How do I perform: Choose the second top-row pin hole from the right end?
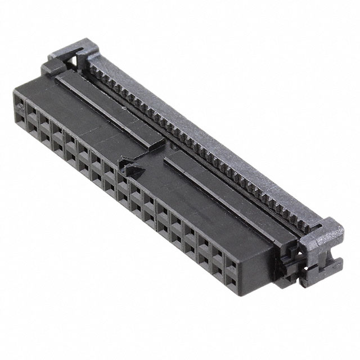216,253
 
